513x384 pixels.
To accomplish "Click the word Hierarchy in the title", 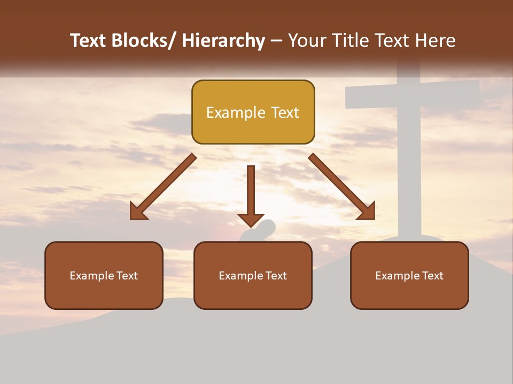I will tap(223, 41).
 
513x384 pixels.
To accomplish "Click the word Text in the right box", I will tap(432, 276).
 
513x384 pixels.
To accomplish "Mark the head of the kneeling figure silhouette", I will tap(267, 227).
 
